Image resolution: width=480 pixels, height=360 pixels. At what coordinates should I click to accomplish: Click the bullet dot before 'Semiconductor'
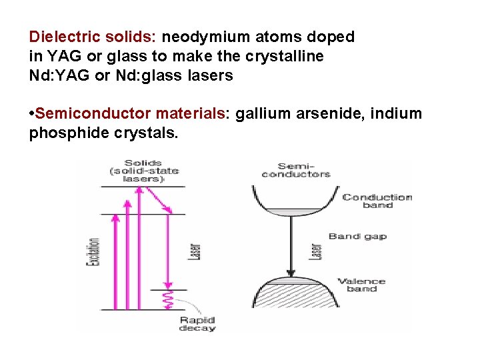(x=32, y=113)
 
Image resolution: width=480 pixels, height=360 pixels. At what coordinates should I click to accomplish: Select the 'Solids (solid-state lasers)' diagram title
(x=143, y=171)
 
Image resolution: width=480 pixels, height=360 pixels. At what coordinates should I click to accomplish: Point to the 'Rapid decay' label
(x=197, y=324)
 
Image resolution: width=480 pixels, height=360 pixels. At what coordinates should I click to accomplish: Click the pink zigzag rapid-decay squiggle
(x=168, y=300)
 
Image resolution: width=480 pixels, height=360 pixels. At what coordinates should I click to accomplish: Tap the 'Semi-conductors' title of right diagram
(x=295, y=170)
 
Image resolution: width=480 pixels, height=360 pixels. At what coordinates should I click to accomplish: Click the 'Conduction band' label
(x=377, y=201)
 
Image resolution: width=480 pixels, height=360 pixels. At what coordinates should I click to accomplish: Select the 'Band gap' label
(x=357, y=237)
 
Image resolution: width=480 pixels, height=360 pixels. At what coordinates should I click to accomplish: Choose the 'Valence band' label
(x=362, y=285)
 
